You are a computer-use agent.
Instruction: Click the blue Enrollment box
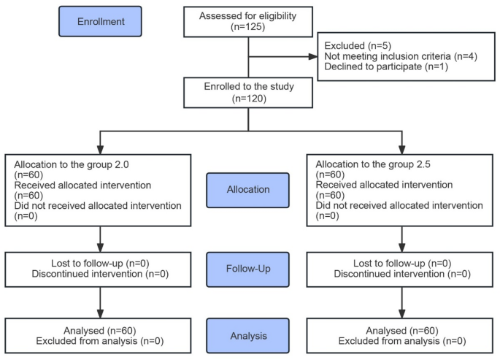point(101,21)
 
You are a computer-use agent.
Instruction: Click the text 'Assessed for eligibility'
point(250,16)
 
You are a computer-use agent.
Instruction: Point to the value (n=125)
point(250,28)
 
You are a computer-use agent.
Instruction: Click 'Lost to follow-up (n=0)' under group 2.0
point(99,263)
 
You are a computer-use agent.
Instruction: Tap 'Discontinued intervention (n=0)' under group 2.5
point(402,274)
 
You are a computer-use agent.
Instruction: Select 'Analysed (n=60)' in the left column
point(99,330)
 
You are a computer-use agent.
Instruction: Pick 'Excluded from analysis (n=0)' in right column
point(402,341)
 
